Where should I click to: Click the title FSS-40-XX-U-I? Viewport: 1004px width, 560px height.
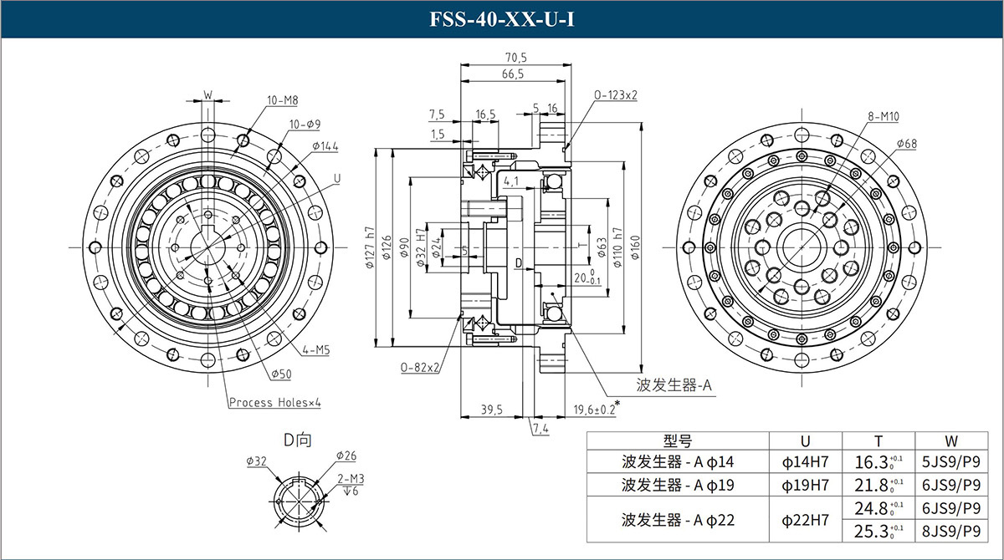coord(501,18)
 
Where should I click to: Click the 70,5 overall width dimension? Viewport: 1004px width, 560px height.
coord(515,58)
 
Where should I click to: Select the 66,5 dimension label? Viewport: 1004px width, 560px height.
coord(513,74)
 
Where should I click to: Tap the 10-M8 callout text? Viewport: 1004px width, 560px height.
coord(283,100)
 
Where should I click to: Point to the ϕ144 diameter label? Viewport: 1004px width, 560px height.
coord(325,146)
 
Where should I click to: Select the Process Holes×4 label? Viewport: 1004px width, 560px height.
coord(275,403)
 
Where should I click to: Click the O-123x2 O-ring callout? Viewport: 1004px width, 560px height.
coord(616,95)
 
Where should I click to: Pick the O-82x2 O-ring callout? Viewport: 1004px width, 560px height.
coord(421,367)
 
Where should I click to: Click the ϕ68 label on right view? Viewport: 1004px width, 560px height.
coord(906,145)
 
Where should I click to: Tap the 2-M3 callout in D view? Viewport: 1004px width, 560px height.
coord(351,478)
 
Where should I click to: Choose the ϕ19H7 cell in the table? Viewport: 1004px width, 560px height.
coord(805,485)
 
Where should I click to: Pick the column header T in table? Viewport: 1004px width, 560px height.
coord(878,441)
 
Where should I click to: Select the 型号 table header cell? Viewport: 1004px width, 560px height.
coord(678,441)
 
